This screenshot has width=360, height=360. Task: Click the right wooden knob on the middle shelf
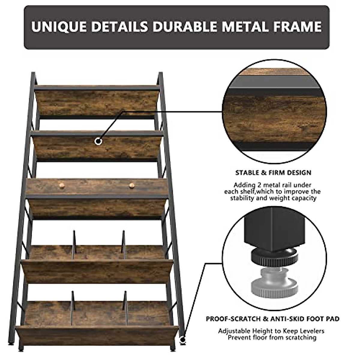point(132,186)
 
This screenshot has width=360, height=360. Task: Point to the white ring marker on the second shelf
point(98,141)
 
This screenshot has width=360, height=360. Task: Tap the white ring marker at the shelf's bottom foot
point(182,340)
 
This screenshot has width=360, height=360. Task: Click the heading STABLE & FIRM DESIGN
point(273,173)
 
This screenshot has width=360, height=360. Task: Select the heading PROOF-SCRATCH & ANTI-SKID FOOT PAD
point(273,319)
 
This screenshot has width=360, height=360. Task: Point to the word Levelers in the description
point(310,331)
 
